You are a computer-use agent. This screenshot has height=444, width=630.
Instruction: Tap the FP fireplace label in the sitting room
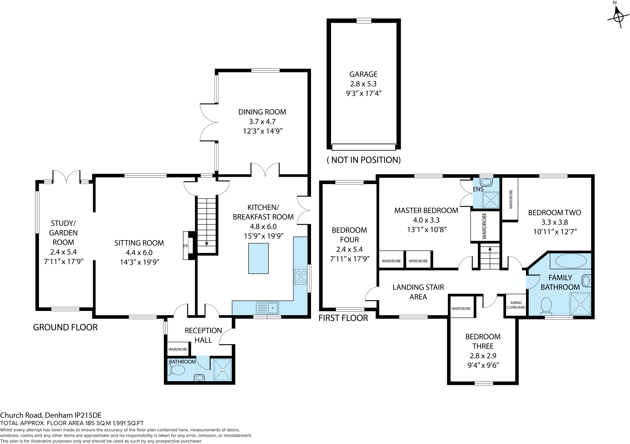186,246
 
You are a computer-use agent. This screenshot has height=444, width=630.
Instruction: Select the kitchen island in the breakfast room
258,258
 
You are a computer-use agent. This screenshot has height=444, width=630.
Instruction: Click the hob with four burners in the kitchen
301,276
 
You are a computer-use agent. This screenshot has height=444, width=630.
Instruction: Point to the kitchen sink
267,308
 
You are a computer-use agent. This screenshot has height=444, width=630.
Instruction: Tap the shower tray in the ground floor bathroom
222,369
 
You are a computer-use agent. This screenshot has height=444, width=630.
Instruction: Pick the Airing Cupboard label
516,305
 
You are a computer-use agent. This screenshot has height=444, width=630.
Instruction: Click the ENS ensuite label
478,189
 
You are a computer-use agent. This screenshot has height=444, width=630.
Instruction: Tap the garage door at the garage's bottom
364,147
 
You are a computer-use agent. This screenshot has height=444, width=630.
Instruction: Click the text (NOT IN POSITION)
364,160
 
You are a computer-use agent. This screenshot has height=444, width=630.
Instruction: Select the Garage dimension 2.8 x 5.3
363,84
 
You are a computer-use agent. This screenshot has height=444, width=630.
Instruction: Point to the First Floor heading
343,318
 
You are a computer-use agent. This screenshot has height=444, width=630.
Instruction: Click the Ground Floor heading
65,327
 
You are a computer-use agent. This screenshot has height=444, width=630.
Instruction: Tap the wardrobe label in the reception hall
178,349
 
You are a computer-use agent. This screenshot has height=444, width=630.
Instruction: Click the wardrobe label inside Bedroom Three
461,309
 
